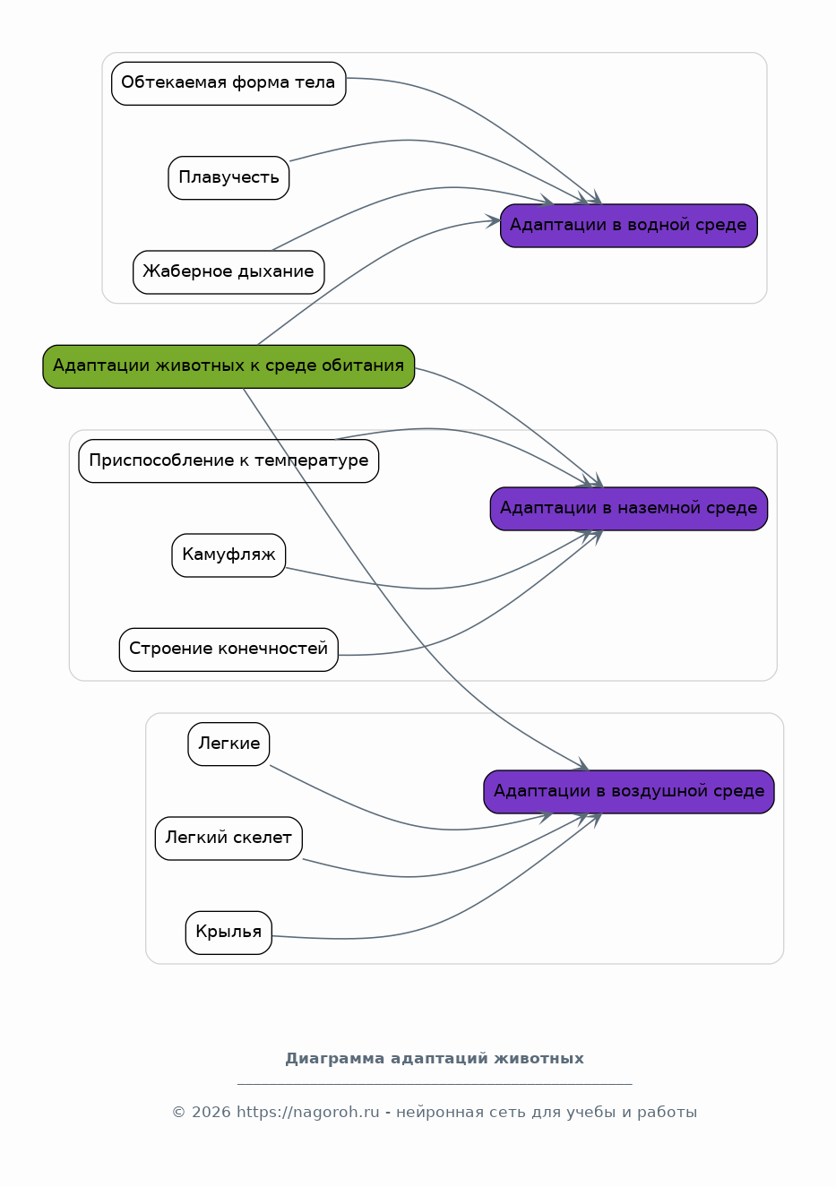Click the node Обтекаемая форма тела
[228, 83]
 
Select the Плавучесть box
[228, 178]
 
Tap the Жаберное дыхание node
[228, 272]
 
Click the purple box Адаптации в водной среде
[629, 226]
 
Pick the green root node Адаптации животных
[228, 366]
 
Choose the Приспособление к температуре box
[228, 461]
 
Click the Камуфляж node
[228, 555]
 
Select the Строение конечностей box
[228, 649]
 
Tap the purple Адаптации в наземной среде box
[629, 509]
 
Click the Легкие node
[228, 744]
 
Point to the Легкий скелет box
[228, 839]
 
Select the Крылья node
[228, 933]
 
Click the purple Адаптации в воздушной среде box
[629, 792]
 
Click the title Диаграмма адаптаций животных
[435, 1059]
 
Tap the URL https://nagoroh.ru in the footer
[308, 1112]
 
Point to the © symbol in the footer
[178, 1113]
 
